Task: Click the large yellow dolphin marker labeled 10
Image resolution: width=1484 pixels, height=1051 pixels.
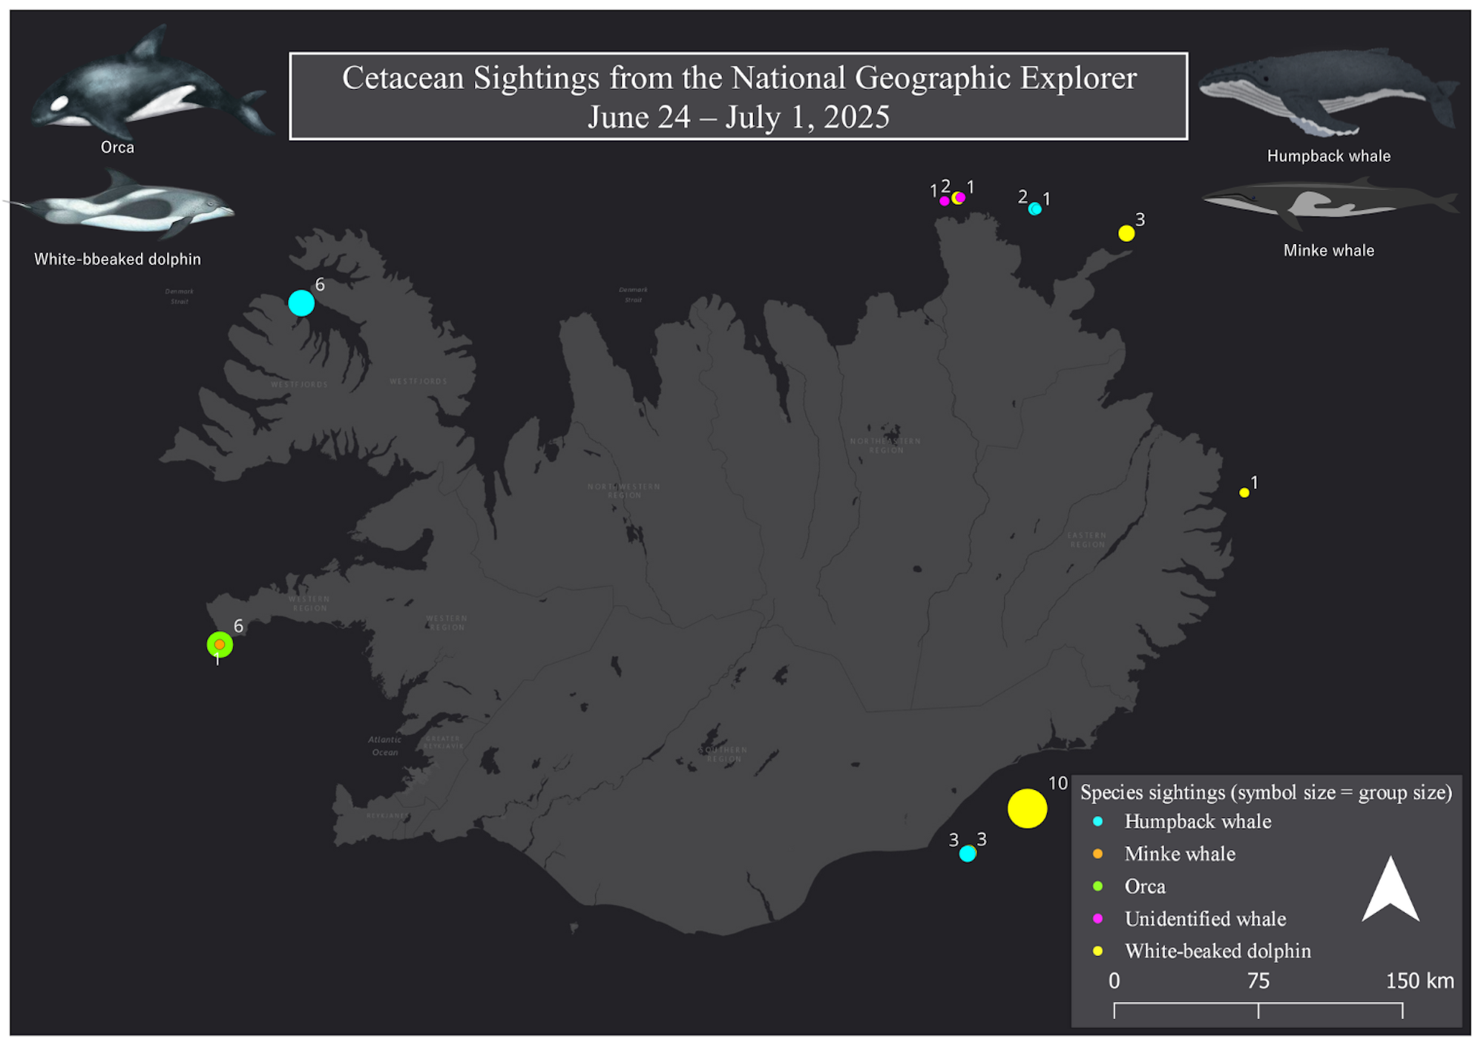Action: click(1027, 808)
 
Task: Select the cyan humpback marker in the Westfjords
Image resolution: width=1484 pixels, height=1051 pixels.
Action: click(301, 303)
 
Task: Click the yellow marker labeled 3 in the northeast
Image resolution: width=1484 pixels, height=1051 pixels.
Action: click(1126, 233)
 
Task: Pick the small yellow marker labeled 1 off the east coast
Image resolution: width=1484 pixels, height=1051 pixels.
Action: click(1244, 492)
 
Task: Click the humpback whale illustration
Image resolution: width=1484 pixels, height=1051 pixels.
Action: click(1324, 93)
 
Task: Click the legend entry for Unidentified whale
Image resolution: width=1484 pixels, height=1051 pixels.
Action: click(1205, 918)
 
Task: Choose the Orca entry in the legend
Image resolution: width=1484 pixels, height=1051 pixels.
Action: click(1144, 886)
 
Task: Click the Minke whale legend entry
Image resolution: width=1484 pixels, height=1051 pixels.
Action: click(1180, 854)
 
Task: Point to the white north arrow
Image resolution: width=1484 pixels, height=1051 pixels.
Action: click(1391, 892)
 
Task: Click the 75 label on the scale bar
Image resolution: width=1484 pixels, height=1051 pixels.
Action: click(1258, 981)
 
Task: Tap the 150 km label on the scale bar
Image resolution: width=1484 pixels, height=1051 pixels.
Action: click(1419, 981)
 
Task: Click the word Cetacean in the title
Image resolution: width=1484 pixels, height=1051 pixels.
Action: click(402, 78)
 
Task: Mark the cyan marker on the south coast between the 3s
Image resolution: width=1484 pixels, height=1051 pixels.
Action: click(967, 854)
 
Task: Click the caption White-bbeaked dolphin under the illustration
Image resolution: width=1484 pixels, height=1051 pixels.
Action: click(117, 259)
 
